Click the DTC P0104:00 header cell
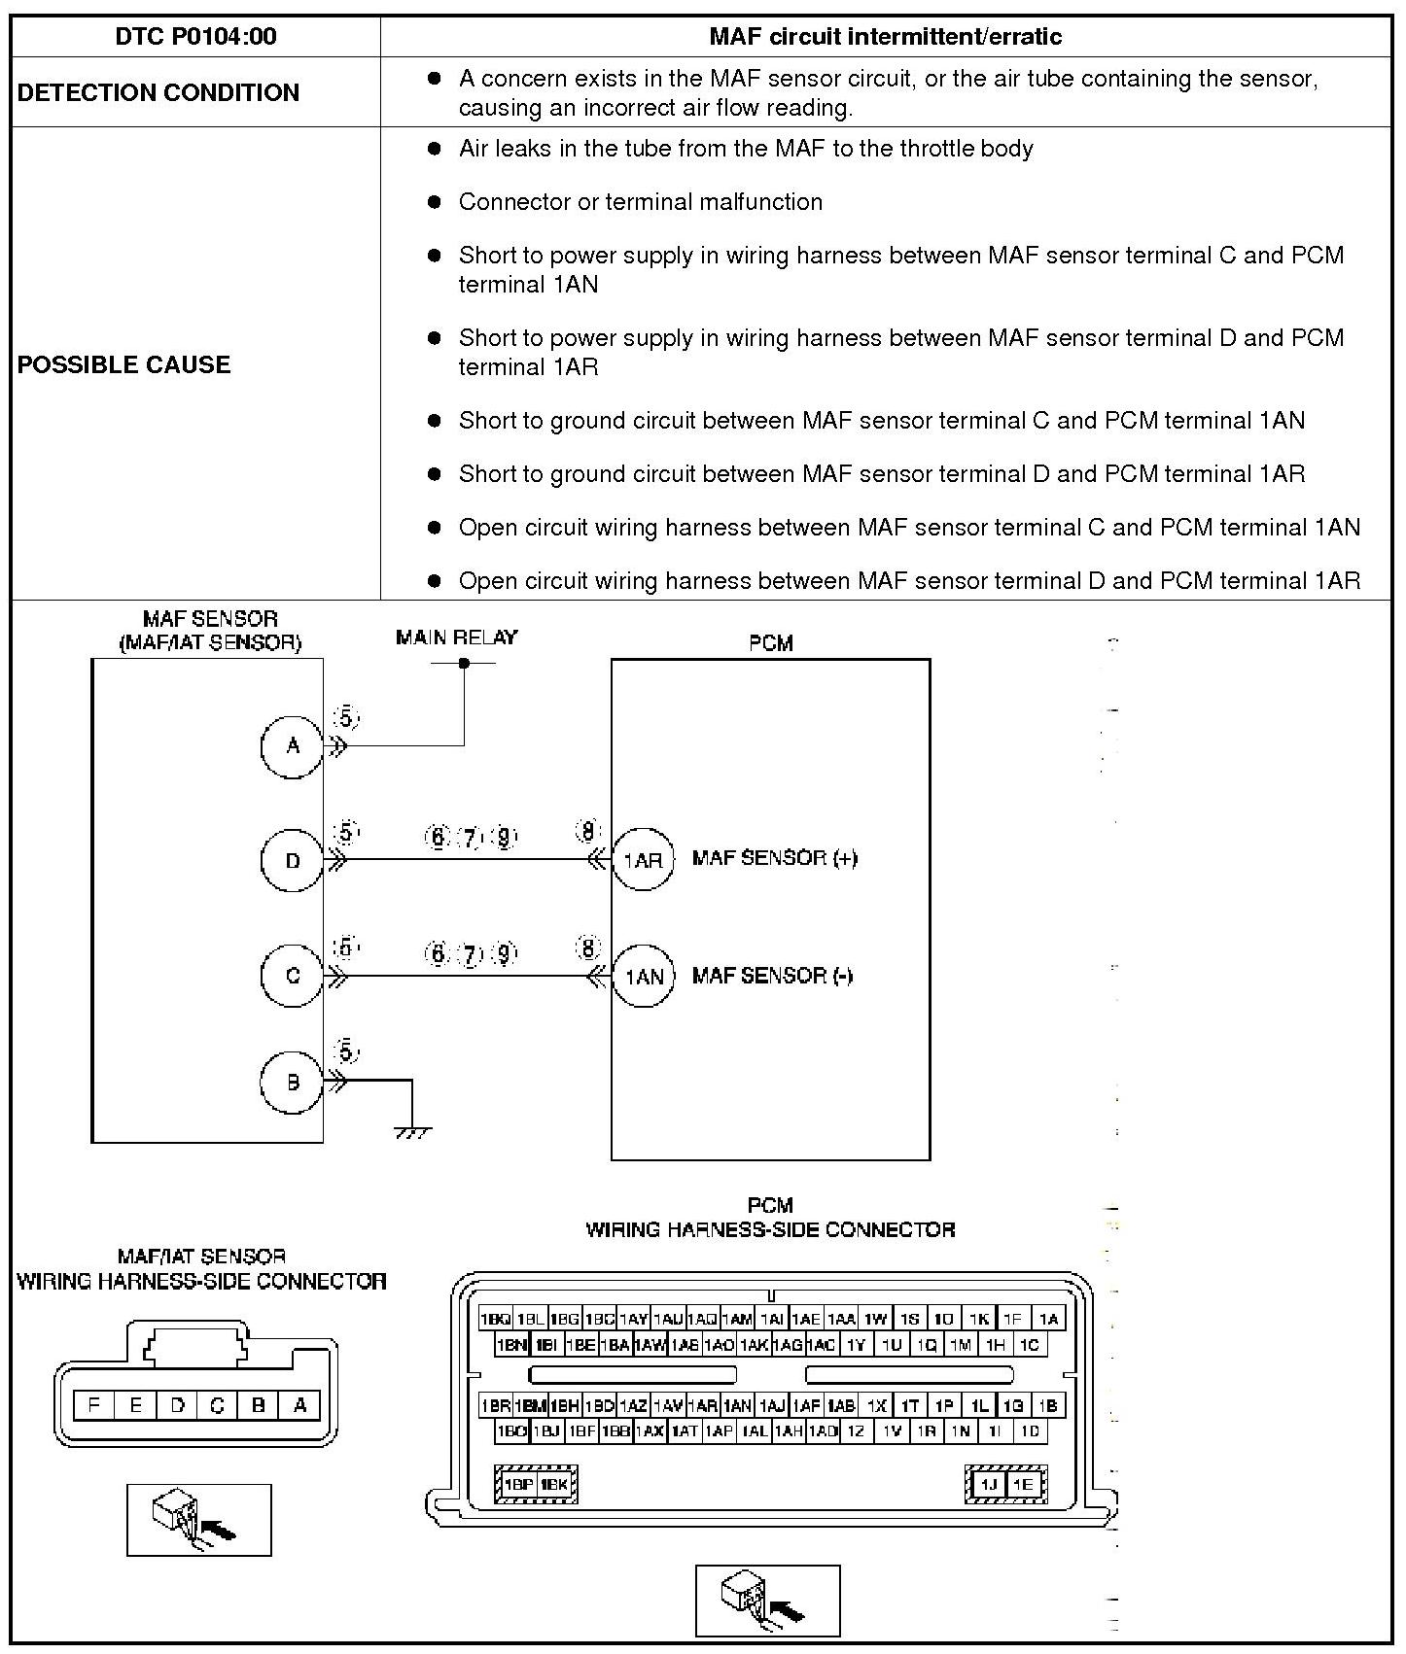pyautogui.click(x=195, y=37)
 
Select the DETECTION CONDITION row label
pyautogui.click(x=158, y=92)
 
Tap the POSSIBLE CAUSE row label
pyautogui.click(x=124, y=364)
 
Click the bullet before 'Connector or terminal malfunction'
pyautogui.click(x=435, y=202)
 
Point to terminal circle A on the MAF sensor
pyautogui.click(x=293, y=746)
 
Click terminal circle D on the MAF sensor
pyautogui.click(x=293, y=860)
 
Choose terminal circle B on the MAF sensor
pyautogui.click(x=293, y=1082)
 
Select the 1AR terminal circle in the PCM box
pyautogui.click(x=643, y=860)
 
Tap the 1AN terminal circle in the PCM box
pyautogui.click(x=643, y=976)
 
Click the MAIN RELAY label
pyautogui.click(x=456, y=637)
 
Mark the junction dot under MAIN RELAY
pyautogui.click(x=464, y=663)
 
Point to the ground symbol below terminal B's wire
pyautogui.click(x=412, y=1131)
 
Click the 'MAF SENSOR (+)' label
pyautogui.click(x=774, y=858)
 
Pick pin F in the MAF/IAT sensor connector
pyautogui.click(x=94, y=1404)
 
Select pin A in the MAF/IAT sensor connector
pyautogui.click(x=300, y=1404)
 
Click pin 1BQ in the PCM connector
pyautogui.click(x=495, y=1319)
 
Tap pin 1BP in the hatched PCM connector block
pyautogui.click(x=518, y=1484)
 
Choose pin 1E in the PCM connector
pyautogui.click(x=1022, y=1484)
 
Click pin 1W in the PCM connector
pyautogui.click(x=875, y=1319)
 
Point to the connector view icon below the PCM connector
pyautogui.click(x=767, y=1600)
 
